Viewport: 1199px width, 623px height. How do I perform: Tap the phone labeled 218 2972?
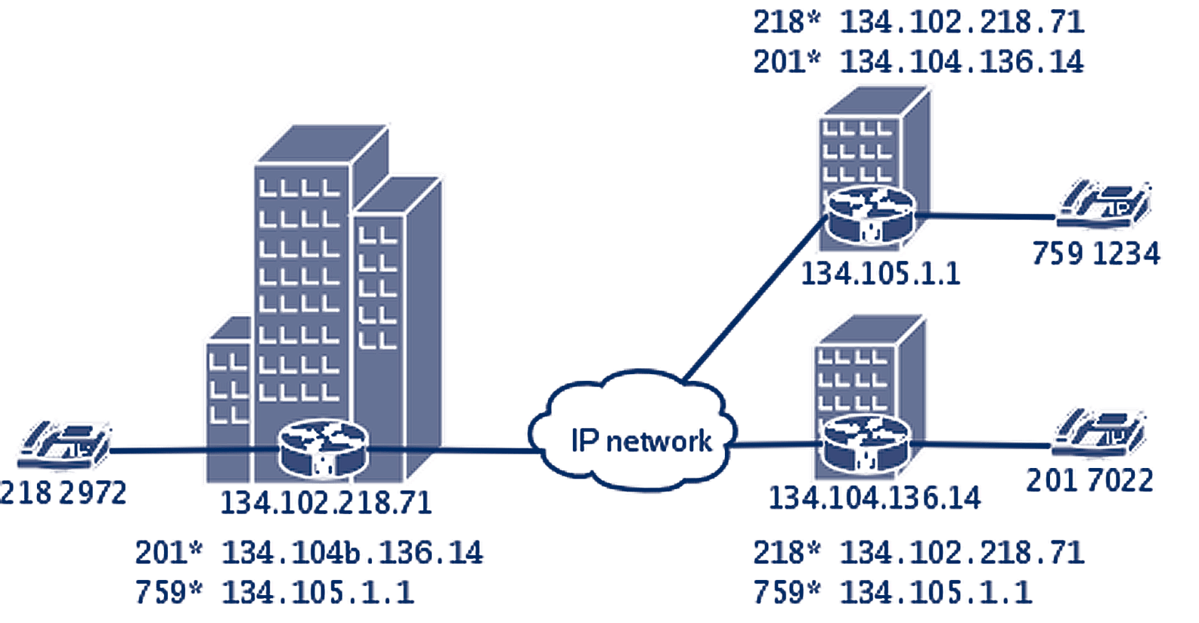(67, 445)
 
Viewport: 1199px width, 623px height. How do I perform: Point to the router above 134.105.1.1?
(870, 215)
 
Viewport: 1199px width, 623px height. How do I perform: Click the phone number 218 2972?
(64, 493)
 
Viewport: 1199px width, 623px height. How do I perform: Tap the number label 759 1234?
(1095, 253)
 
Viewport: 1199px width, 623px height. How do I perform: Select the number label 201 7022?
(1089, 481)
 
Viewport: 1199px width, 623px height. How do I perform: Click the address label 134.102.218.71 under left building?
(326, 503)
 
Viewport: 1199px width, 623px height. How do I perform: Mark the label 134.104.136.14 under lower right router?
(875, 498)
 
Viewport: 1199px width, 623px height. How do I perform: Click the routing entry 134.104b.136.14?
(352, 553)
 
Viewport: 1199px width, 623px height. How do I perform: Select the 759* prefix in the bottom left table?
(169, 592)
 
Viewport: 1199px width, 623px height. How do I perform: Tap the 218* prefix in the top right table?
(786, 22)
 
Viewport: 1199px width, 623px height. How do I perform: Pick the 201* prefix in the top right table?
(786, 61)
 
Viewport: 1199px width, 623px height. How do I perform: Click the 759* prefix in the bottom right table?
(786, 592)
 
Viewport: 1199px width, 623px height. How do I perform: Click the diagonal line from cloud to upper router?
(752, 299)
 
